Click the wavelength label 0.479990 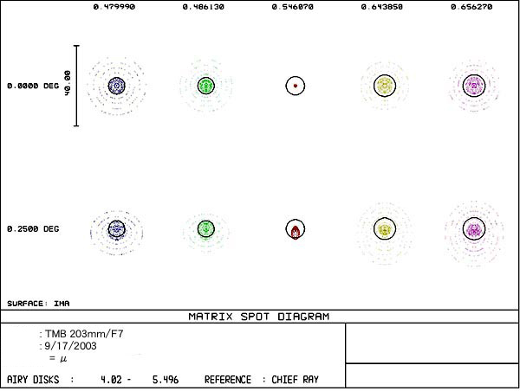tap(114, 6)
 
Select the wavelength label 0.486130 tap(205, 6)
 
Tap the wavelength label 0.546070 tap(296, 6)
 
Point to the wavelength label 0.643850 tap(385, 6)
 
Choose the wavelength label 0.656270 tap(473, 6)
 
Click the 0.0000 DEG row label tap(32, 86)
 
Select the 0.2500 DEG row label tap(32, 229)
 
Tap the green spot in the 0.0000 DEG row tap(205, 85)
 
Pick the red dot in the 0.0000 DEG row tap(296, 86)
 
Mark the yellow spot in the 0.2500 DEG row tap(384, 228)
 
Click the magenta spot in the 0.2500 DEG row tap(473, 229)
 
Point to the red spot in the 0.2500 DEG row tap(296, 231)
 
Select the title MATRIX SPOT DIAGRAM tap(258, 317)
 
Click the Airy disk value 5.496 tap(164, 380)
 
